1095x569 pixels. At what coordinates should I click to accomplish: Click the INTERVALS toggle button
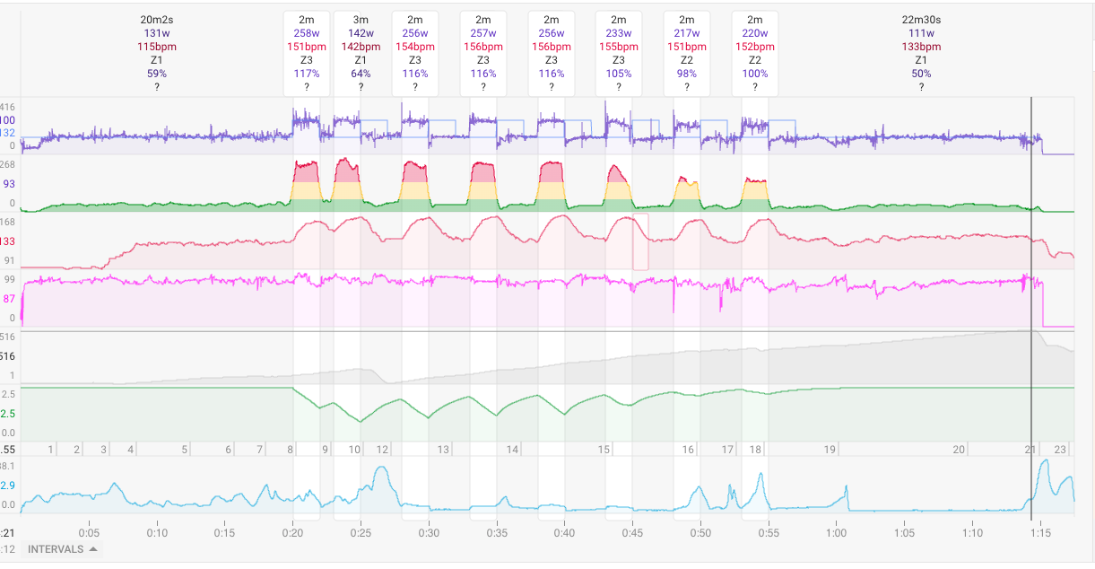click(x=63, y=549)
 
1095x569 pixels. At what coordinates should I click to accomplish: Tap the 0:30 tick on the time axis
click(x=429, y=531)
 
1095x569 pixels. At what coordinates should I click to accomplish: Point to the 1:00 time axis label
click(x=836, y=531)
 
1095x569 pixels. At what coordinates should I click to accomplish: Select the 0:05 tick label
click(x=90, y=531)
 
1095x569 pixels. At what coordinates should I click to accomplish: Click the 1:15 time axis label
click(x=1040, y=531)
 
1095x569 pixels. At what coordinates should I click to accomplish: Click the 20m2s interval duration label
click(x=156, y=19)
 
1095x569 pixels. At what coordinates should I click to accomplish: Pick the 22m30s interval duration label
click(x=921, y=19)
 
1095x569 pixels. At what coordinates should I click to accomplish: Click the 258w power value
click(x=307, y=32)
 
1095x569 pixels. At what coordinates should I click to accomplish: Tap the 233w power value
click(x=619, y=32)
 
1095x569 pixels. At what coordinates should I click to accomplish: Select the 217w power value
click(x=687, y=32)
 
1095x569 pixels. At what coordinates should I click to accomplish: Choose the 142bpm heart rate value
click(x=361, y=46)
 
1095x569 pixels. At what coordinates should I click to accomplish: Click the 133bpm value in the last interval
click(x=921, y=46)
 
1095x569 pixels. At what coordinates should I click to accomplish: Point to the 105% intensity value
click(x=619, y=74)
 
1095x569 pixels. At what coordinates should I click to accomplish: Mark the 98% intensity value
click(x=687, y=74)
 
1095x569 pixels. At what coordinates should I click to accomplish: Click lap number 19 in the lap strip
click(x=830, y=450)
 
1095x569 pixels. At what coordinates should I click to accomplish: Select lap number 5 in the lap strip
click(x=185, y=450)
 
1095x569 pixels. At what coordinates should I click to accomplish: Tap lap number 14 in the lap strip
click(x=512, y=450)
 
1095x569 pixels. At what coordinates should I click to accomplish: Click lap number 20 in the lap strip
click(x=959, y=450)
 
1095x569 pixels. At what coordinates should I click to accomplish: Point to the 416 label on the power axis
click(x=8, y=107)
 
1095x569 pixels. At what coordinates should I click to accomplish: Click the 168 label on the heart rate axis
click(x=8, y=222)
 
